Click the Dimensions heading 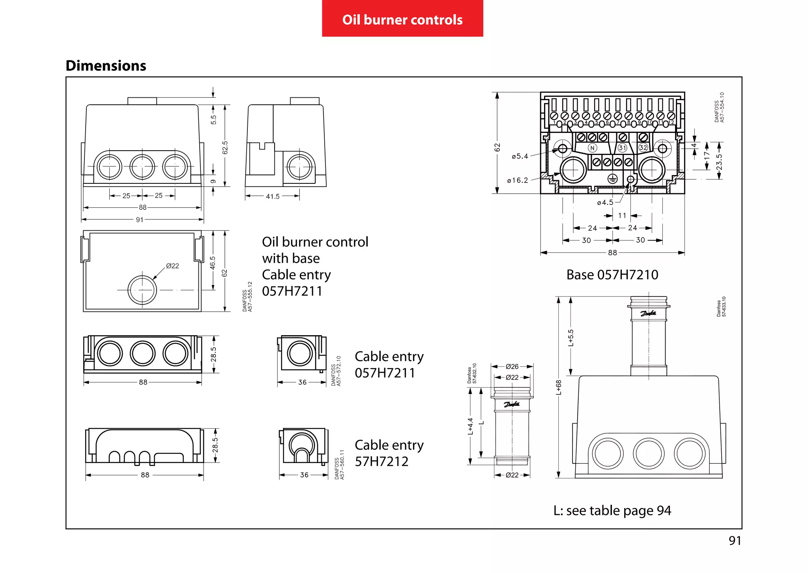(x=106, y=65)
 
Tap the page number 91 (x=735, y=540)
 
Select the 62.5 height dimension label (x=225, y=148)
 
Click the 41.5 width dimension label (x=273, y=196)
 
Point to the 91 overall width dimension (x=140, y=220)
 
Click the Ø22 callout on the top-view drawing (x=172, y=266)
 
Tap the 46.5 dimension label (x=213, y=263)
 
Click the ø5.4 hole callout (x=520, y=156)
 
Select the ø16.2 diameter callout (x=518, y=180)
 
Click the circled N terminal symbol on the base (x=592, y=148)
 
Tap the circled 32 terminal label (x=643, y=147)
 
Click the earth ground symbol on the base (x=612, y=179)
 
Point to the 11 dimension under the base (x=622, y=215)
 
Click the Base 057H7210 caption (x=612, y=274)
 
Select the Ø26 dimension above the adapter (x=512, y=366)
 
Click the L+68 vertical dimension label (x=559, y=387)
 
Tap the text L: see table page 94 (x=612, y=510)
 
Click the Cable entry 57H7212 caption (x=389, y=453)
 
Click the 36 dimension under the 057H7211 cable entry (x=302, y=382)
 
